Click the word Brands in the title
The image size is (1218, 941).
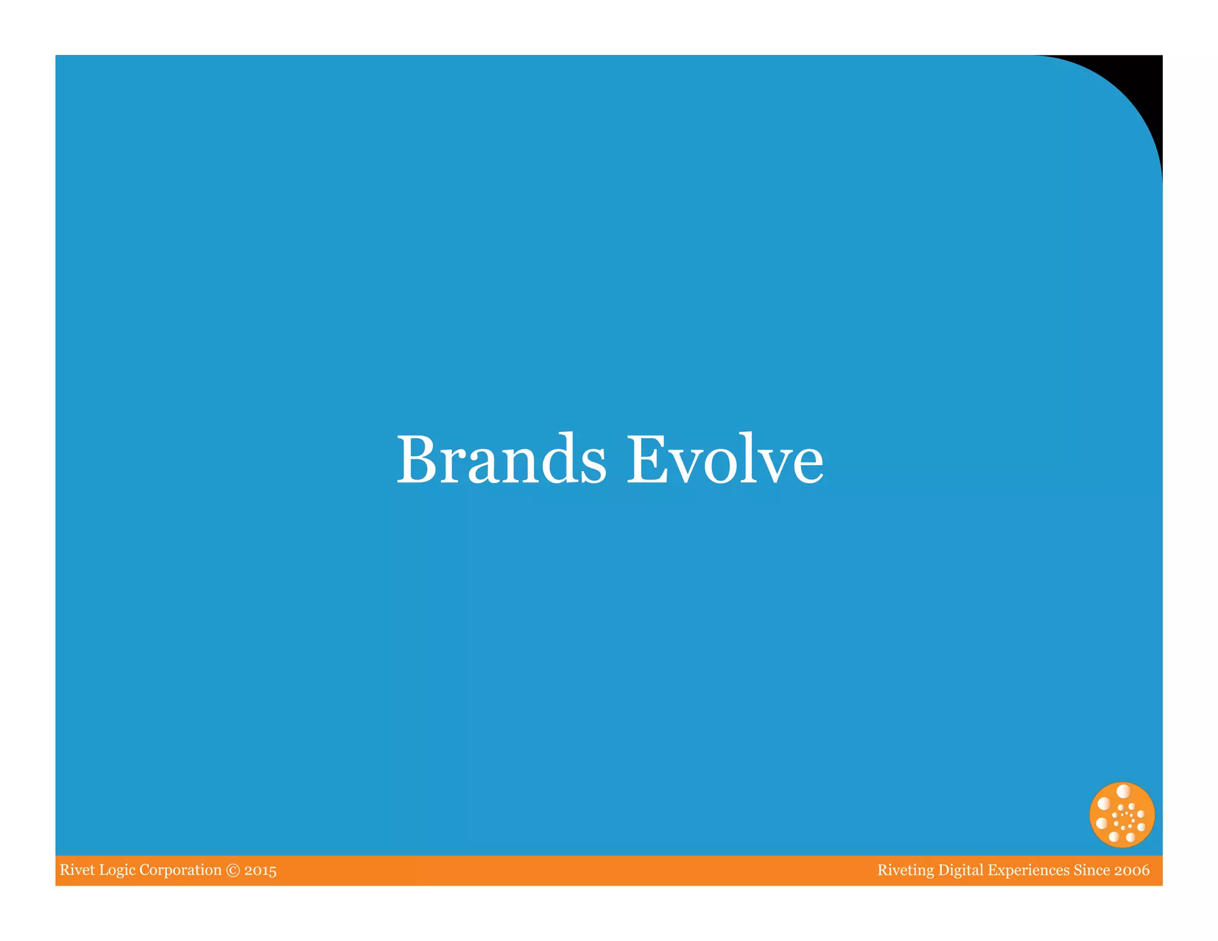(x=501, y=459)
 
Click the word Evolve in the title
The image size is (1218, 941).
(x=725, y=459)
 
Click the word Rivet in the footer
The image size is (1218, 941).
(x=77, y=870)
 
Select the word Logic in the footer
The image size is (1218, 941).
(x=117, y=871)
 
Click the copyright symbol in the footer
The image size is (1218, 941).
(x=233, y=871)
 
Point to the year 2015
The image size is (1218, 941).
(x=260, y=871)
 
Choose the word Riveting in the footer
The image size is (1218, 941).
(x=905, y=871)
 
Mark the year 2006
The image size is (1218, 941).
(x=1132, y=871)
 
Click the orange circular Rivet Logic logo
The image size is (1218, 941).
(x=1122, y=815)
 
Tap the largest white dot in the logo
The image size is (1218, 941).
(x=1123, y=792)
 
